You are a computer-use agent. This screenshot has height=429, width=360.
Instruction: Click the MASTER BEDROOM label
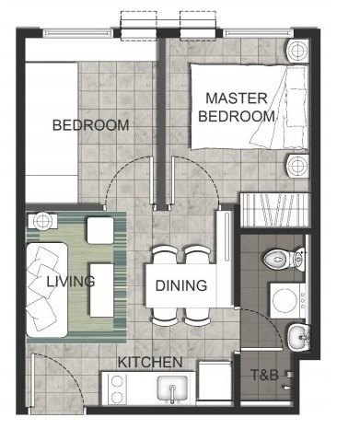click(x=237, y=108)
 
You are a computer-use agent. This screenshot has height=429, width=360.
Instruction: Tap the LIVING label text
click(x=71, y=282)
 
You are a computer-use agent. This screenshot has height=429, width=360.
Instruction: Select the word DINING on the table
click(x=181, y=285)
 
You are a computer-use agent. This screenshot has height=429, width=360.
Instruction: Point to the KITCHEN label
click(x=150, y=363)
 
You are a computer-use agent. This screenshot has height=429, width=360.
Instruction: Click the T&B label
click(x=264, y=375)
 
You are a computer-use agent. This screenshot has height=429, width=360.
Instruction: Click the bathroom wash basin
click(x=299, y=337)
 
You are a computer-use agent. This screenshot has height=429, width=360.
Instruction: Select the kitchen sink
click(x=172, y=388)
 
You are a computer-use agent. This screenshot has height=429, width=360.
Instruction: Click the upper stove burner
click(x=117, y=381)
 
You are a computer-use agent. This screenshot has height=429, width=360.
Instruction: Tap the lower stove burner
click(x=117, y=398)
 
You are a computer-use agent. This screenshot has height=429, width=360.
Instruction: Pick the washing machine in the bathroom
click(x=288, y=301)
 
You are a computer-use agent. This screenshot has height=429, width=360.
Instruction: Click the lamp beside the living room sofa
click(x=42, y=221)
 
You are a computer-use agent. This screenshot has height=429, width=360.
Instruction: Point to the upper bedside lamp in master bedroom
click(x=297, y=51)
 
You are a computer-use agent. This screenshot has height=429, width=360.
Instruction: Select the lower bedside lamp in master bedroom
click(x=297, y=166)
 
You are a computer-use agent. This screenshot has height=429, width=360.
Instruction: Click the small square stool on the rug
click(x=100, y=230)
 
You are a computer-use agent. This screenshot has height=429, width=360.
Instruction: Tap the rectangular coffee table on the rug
click(x=101, y=290)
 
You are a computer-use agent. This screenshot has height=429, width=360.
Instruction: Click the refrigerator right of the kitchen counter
click(x=215, y=380)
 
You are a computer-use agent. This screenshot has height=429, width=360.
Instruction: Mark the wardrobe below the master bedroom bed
click(x=273, y=210)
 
